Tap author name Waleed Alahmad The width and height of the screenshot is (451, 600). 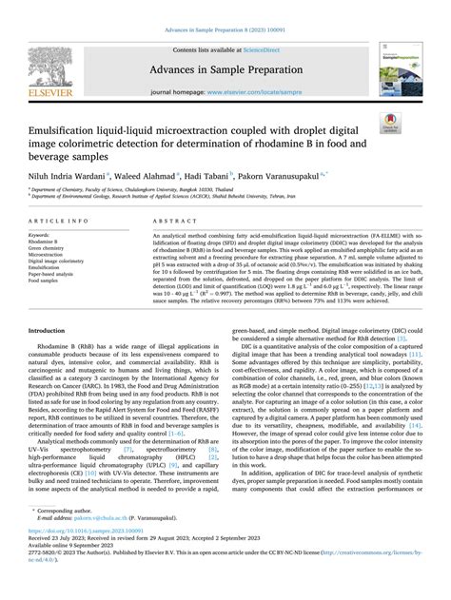[146, 175]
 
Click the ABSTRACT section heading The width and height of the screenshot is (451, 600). [172, 220]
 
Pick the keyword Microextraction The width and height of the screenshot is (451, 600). [46, 254]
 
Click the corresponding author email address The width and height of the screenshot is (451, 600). [95, 545]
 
